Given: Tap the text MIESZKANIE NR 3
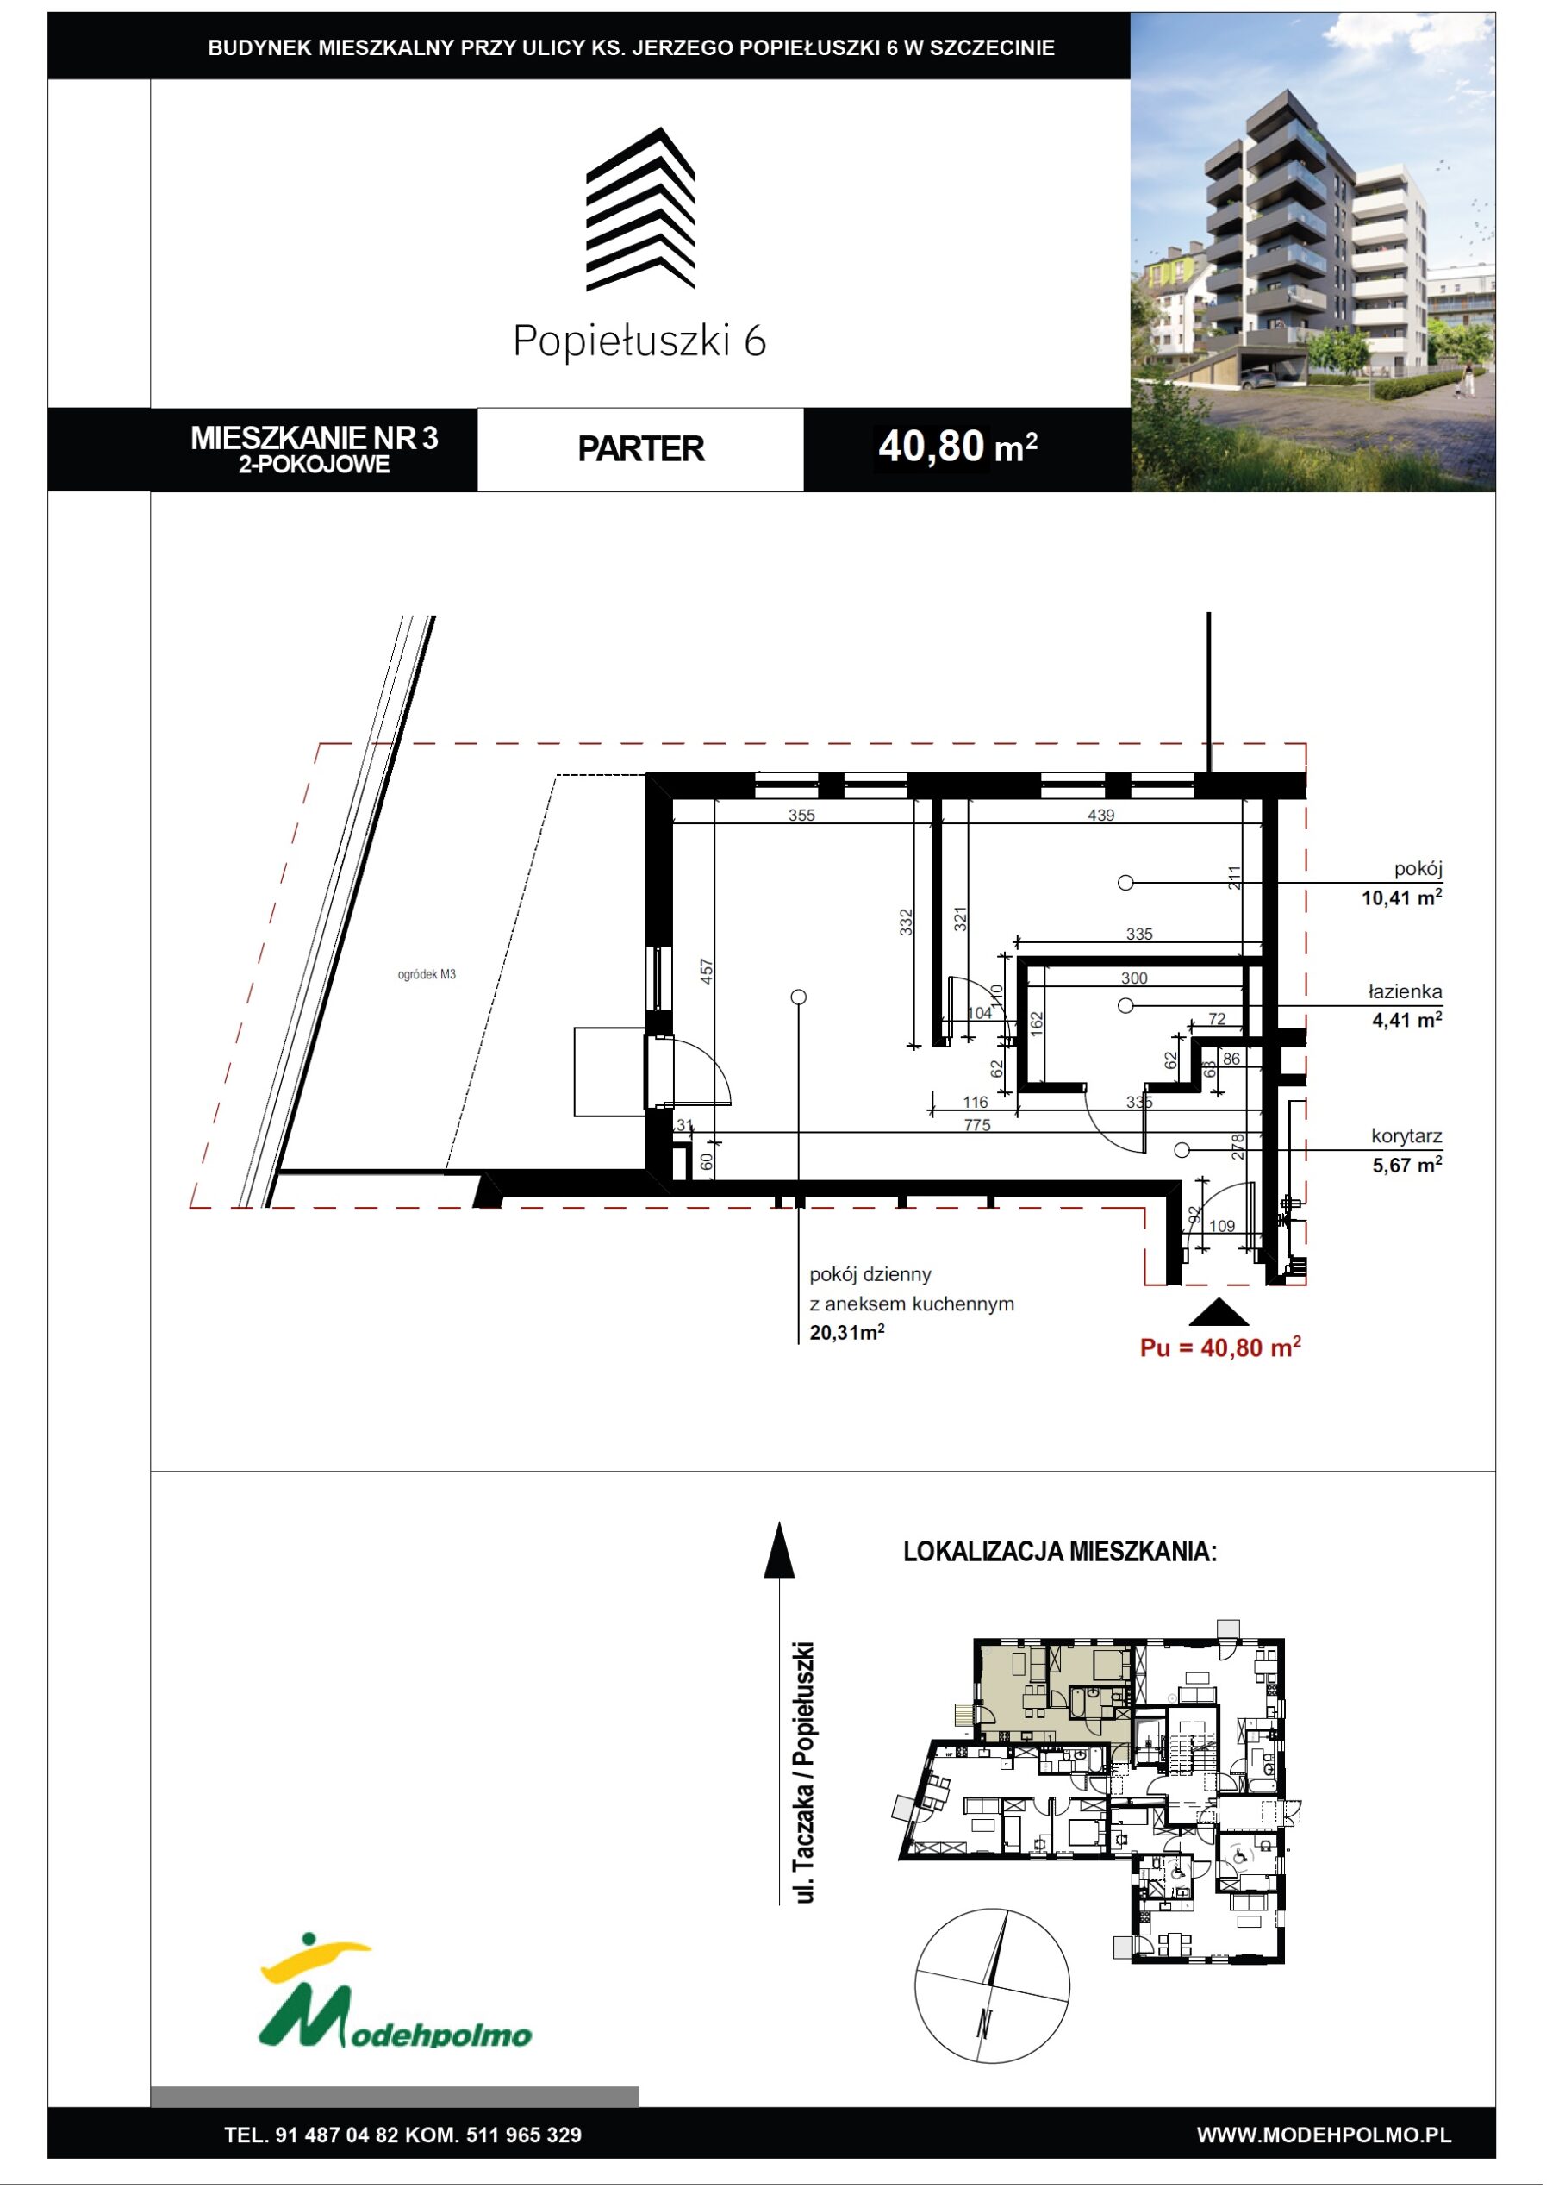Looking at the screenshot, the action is click(315, 438).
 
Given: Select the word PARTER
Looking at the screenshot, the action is click(641, 449).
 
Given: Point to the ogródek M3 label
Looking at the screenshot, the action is click(427, 974).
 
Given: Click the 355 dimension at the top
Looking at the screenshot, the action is click(801, 816).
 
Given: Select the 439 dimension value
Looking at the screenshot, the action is click(1101, 816).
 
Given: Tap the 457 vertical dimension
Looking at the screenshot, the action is click(707, 971).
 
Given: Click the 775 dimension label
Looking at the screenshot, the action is click(977, 1125).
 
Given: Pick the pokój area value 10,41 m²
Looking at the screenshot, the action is click(1402, 897).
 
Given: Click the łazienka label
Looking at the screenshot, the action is click(1405, 991).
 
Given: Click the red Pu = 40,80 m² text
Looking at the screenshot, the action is click(1221, 1347).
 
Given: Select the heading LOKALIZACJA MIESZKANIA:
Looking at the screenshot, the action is click(1060, 1552).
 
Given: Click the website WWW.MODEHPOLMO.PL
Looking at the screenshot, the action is click(1324, 2135).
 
